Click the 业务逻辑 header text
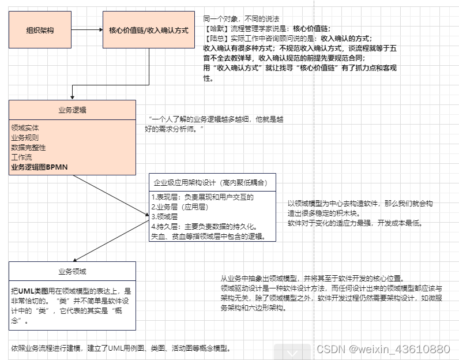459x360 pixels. [x=72, y=109]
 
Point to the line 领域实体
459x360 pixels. [x=25, y=127]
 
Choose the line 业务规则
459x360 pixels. [x=25, y=138]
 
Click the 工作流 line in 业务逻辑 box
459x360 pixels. [x=22, y=157]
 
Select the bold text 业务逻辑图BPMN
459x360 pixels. [x=40, y=167]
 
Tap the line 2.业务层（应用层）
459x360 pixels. [x=179, y=207]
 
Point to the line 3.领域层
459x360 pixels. [x=164, y=217]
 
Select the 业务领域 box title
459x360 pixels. [x=72, y=271]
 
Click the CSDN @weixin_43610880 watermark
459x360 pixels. [x=383, y=349]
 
